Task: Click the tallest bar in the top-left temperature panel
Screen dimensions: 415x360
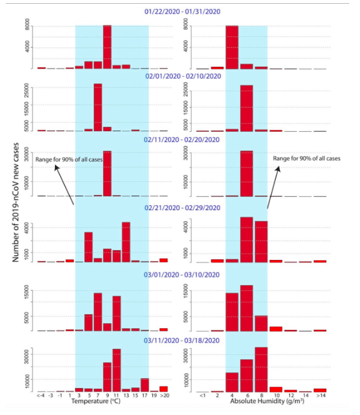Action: click(107, 47)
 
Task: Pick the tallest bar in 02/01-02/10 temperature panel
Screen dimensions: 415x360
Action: click(97, 107)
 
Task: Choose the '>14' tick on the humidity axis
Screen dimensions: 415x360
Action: click(320, 396)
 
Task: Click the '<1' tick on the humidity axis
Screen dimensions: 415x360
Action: click(202, 396)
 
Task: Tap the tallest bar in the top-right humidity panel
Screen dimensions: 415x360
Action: click(232, 47)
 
